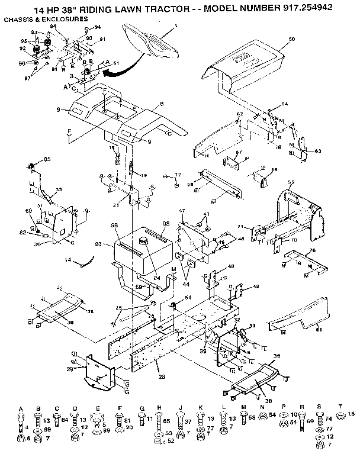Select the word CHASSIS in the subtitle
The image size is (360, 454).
coord(19,19)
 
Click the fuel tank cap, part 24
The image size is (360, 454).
coord(142,240)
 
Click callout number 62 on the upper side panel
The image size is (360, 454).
coord(239,114)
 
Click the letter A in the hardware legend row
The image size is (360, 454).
coord(21,408)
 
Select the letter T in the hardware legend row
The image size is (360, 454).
coord(340,408)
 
